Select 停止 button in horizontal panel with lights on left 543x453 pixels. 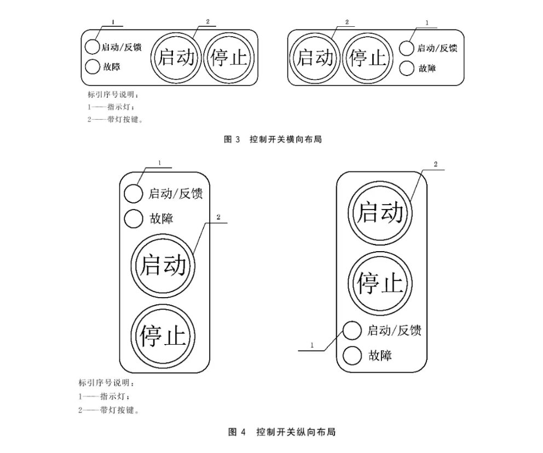(227, 57)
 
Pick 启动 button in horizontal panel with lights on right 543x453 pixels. (315, 57)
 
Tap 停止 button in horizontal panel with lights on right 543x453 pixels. (367, 57)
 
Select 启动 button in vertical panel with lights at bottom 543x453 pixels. (380, 212)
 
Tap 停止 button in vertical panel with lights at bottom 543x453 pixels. (380, 282)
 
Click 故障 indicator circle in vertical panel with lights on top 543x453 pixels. (134, 219)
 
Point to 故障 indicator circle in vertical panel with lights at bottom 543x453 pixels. (352, 356)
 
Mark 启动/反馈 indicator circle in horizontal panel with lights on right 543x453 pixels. (406, 48)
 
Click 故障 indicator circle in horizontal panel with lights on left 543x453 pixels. (92, 67)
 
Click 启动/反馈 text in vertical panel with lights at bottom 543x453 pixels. (394, 330)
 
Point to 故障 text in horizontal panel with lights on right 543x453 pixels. (428, 68)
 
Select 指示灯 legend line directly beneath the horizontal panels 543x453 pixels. (109, 107)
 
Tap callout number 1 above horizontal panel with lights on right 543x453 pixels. (426, 24)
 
